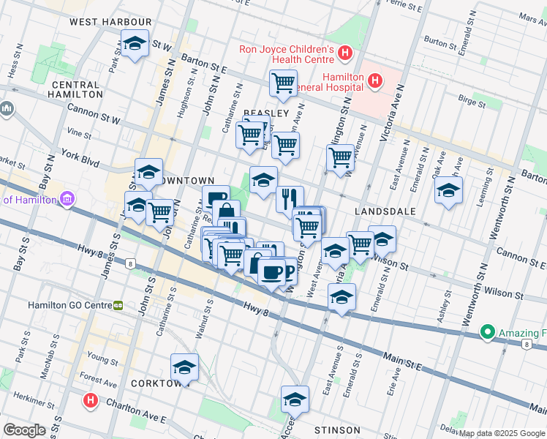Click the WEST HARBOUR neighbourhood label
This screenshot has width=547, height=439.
pos(110,22)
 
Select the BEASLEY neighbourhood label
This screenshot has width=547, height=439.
pos(266,113)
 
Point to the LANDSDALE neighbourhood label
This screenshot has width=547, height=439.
pos(385,211)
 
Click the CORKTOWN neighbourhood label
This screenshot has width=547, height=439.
pos(156,383)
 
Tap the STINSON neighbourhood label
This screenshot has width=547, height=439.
pos(336,429)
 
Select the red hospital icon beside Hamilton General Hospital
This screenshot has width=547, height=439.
pos(375,80)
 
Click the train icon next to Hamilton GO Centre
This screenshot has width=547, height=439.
pos(118,304)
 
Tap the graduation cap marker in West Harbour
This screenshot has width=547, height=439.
pos(135,45)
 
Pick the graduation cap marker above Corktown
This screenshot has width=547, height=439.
pos(185,368)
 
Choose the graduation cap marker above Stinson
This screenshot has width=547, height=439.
pos(295,399)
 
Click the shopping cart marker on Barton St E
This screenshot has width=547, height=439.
pos(283,83)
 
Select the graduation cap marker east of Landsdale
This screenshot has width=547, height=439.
pos(448,192)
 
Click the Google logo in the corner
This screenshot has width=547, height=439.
pos(25,429)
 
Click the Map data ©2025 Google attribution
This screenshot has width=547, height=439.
pos(502,433)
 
